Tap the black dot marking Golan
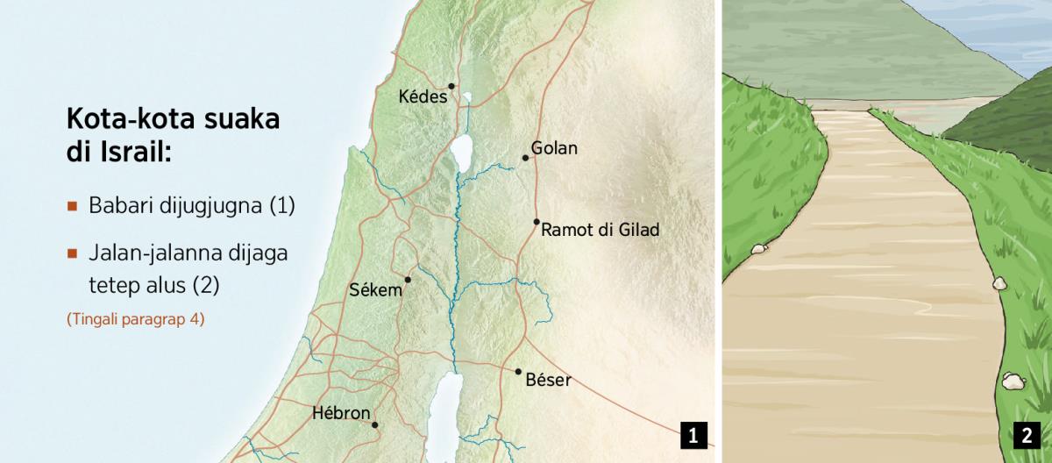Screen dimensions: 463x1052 coord(525,158)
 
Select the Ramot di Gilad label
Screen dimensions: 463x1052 coord(600,231)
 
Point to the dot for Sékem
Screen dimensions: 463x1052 coord(408,280)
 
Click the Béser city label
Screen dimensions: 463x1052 coord(548,381)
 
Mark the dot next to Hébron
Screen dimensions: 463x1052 coord(375,425)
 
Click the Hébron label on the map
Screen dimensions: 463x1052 coord(341,412)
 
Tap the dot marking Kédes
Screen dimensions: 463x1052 coord(451,86)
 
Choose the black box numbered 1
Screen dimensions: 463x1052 coord(693,435)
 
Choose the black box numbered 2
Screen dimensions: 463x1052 coord(1027,435)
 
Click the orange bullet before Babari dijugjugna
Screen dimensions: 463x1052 coord(73,207)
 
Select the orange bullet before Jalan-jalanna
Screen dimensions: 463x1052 coord(73,253)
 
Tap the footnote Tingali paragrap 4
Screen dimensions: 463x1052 coord(135,320)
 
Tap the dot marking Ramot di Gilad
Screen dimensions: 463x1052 coord(536,222)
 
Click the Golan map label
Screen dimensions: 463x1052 coord(554,148)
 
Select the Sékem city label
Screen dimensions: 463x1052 coord(374,289)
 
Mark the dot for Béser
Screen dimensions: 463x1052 coord(518,371)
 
